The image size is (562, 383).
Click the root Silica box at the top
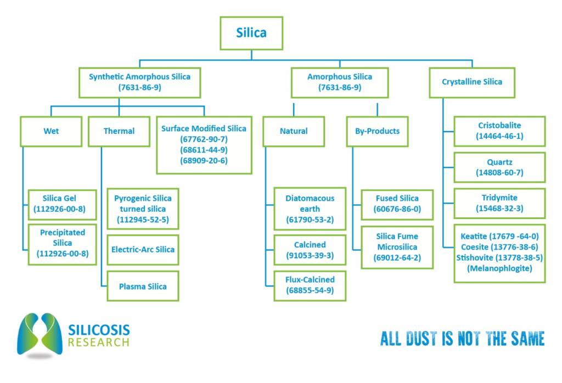251,33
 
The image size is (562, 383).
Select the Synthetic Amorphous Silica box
139,82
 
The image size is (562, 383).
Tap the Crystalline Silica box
472,82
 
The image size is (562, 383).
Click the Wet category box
51,131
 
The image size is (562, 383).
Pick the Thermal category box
119,131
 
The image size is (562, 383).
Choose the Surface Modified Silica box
204,144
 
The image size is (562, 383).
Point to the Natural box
294,131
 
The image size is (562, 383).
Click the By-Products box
377,131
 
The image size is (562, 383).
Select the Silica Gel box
63,204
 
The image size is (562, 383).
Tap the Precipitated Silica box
63,243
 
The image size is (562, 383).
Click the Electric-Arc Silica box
143,250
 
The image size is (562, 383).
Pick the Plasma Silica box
143,286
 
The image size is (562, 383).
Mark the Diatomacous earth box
310,209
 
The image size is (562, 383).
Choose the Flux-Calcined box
310,285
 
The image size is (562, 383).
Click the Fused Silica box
397,204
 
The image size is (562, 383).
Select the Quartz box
499,167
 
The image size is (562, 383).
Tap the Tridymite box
499,203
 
